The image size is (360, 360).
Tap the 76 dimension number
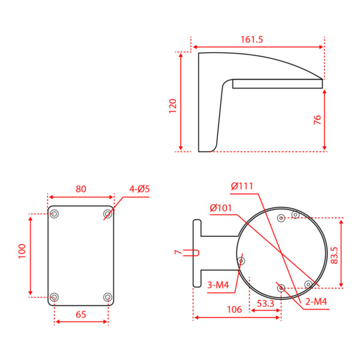[x=318, y=120]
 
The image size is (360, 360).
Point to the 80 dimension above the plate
[x=81, y=189]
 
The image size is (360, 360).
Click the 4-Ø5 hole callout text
[x=139, y=189]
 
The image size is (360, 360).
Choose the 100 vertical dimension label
[x=22, y=251]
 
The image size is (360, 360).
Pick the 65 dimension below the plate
[x=81, y=314]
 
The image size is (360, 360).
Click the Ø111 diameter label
[x=242, y=186]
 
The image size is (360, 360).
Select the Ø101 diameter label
[x=221, y=208]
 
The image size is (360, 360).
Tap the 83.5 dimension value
[x=334, y=254]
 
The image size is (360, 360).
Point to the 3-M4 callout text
[x=217, y=285]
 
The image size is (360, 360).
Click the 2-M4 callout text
[x=316, y=302]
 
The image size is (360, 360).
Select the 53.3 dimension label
[x=265, y=304]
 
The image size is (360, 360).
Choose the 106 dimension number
[x=235, y=310]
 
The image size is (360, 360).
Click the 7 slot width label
[x=178, y=253]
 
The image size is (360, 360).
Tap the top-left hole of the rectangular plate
[x=55, y=214]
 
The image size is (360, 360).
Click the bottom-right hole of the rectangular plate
[x=108, y=297]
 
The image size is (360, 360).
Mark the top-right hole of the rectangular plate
[x=108, y=214]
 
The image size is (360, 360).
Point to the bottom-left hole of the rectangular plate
[x=55, y=297]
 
